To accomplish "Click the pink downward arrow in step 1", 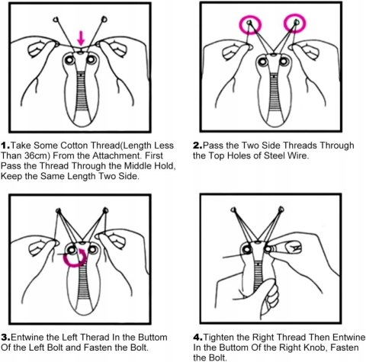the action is coord(81,38).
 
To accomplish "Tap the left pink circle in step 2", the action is coord(240,24).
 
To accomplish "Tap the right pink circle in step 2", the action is coord(285,24).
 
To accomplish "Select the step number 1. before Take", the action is coord(5,146).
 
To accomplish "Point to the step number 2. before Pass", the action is coord(197,146).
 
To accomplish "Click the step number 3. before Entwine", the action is coord(5,338).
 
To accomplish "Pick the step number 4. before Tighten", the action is coord(197,338).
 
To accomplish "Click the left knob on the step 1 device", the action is coord(69,60).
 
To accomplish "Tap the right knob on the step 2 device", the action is coord(284,61).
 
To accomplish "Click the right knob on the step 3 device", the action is coord(92,249).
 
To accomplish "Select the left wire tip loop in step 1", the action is coord(56,19).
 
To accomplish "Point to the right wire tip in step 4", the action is coord(281,210).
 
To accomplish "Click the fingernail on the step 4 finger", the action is coord(293,247).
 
